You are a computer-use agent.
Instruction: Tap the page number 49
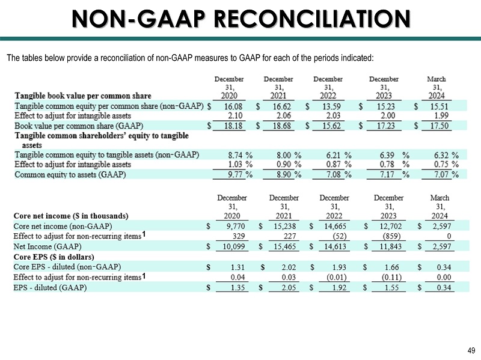[470, 351]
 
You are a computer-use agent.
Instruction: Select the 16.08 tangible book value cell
[233, 106]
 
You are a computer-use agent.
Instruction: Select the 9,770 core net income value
[233, 226]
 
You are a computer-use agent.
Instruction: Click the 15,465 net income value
[284, 246]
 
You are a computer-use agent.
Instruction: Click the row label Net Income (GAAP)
[47, 246]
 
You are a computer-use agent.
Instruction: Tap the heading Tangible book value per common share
[82, 96]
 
